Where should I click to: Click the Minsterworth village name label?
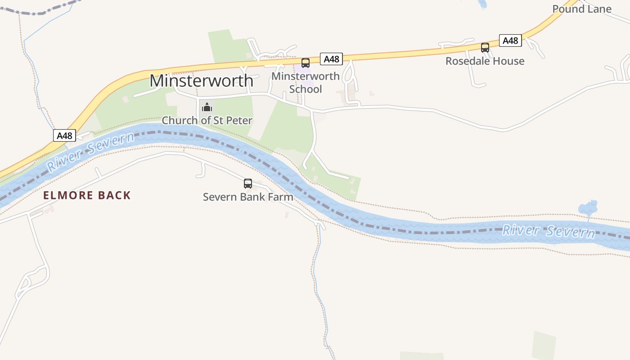pos(201,81)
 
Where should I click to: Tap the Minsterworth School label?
pos(306,82)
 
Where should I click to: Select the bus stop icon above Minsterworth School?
pos(306,63)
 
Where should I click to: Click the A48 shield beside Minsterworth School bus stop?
pos(331,59)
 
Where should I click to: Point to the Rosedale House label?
pos(485,61)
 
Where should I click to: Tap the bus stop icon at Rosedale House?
pos(485,48)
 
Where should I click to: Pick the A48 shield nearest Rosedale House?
pos(510,40)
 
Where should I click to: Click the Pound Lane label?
pos(582,9)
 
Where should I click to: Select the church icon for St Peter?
pos(207,107)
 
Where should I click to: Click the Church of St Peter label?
pos(207,120)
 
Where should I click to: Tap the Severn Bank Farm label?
pos(248,197)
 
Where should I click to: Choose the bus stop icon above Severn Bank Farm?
pos(248,183)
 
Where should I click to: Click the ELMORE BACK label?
pos(87,195)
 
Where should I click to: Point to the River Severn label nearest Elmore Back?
pos(90,151)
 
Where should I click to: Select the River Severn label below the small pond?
pos(549,231)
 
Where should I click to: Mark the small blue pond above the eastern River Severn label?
pos(587,208)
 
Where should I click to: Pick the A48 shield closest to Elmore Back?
pos(64,135)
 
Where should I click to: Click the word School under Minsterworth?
pos(306,89)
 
